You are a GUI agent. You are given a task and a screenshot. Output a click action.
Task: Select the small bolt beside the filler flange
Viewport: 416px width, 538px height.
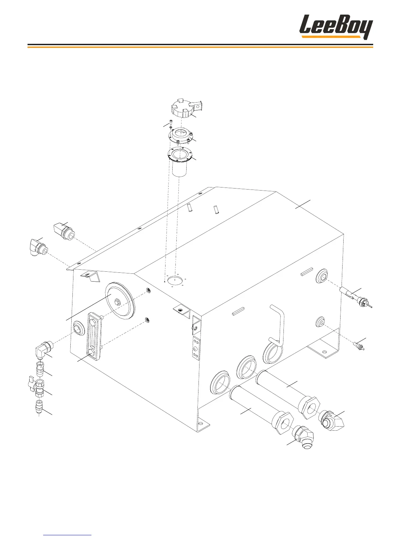pos(171,123)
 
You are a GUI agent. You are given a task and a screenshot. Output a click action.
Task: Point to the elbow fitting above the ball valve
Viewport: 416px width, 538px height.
pos(43,350)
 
